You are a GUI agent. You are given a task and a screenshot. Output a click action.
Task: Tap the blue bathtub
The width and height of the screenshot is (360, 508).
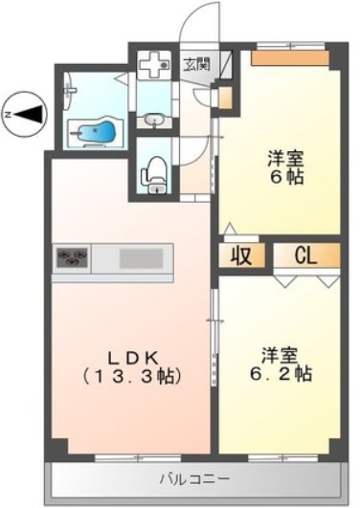[96, 131]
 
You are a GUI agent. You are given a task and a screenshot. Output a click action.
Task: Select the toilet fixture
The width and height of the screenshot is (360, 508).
[154, 173]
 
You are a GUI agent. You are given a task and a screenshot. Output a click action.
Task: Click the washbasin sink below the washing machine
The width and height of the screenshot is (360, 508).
[154, 120]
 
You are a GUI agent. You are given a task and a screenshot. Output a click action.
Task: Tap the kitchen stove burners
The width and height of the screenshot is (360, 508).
[73, 257]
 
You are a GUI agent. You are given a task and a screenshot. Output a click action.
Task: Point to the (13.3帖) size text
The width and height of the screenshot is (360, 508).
[133, 373]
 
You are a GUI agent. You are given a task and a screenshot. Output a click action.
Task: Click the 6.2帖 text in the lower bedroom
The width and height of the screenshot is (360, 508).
[281, 374]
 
